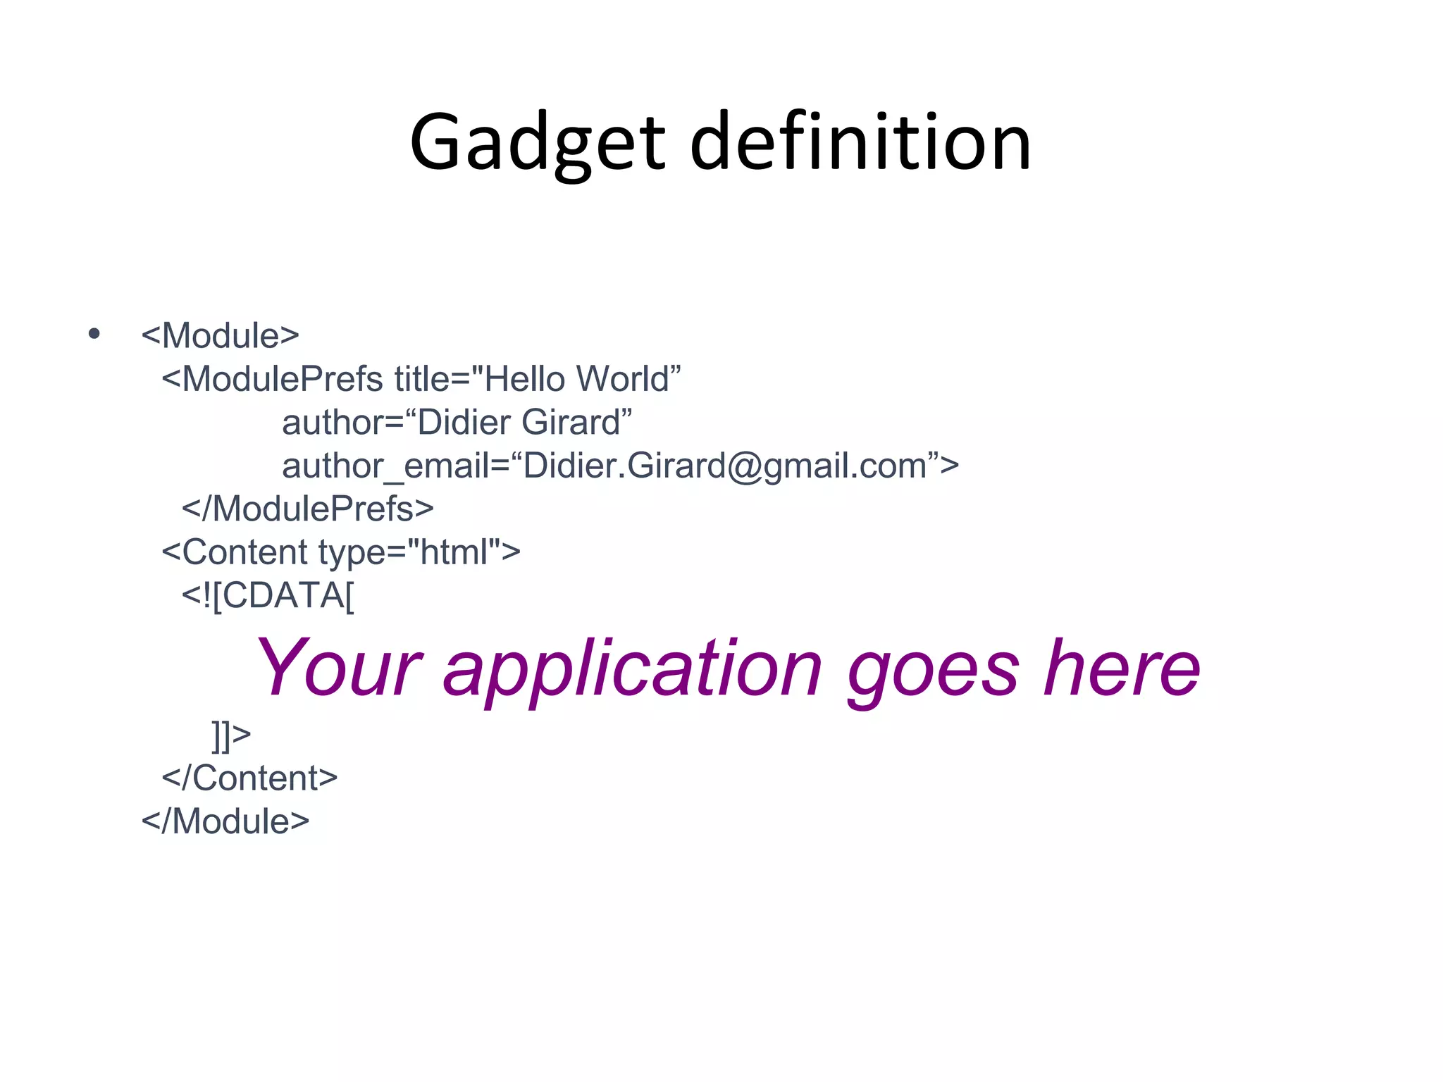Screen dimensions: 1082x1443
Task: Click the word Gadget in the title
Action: click(537, 144)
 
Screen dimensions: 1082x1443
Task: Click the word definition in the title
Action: click(860, 144)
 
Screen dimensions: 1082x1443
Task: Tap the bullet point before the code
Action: click(94, 333)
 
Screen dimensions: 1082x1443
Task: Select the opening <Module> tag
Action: click(221, 336)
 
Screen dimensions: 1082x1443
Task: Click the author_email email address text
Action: click(620, 466)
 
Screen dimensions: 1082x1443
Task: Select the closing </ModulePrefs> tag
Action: click(307, 509)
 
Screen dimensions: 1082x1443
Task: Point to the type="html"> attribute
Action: click(419, 553)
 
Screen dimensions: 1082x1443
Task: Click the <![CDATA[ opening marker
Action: click(268, 596)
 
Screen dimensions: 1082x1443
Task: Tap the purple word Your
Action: click(338, 668)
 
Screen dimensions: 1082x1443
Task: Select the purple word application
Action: click(632, 668)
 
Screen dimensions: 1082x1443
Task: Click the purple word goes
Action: click(932, 668)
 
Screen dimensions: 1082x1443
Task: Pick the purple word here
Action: click(1122, 668)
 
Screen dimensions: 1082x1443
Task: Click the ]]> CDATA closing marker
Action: click(231, 735)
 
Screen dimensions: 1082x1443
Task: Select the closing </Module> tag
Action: click(225, 822)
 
